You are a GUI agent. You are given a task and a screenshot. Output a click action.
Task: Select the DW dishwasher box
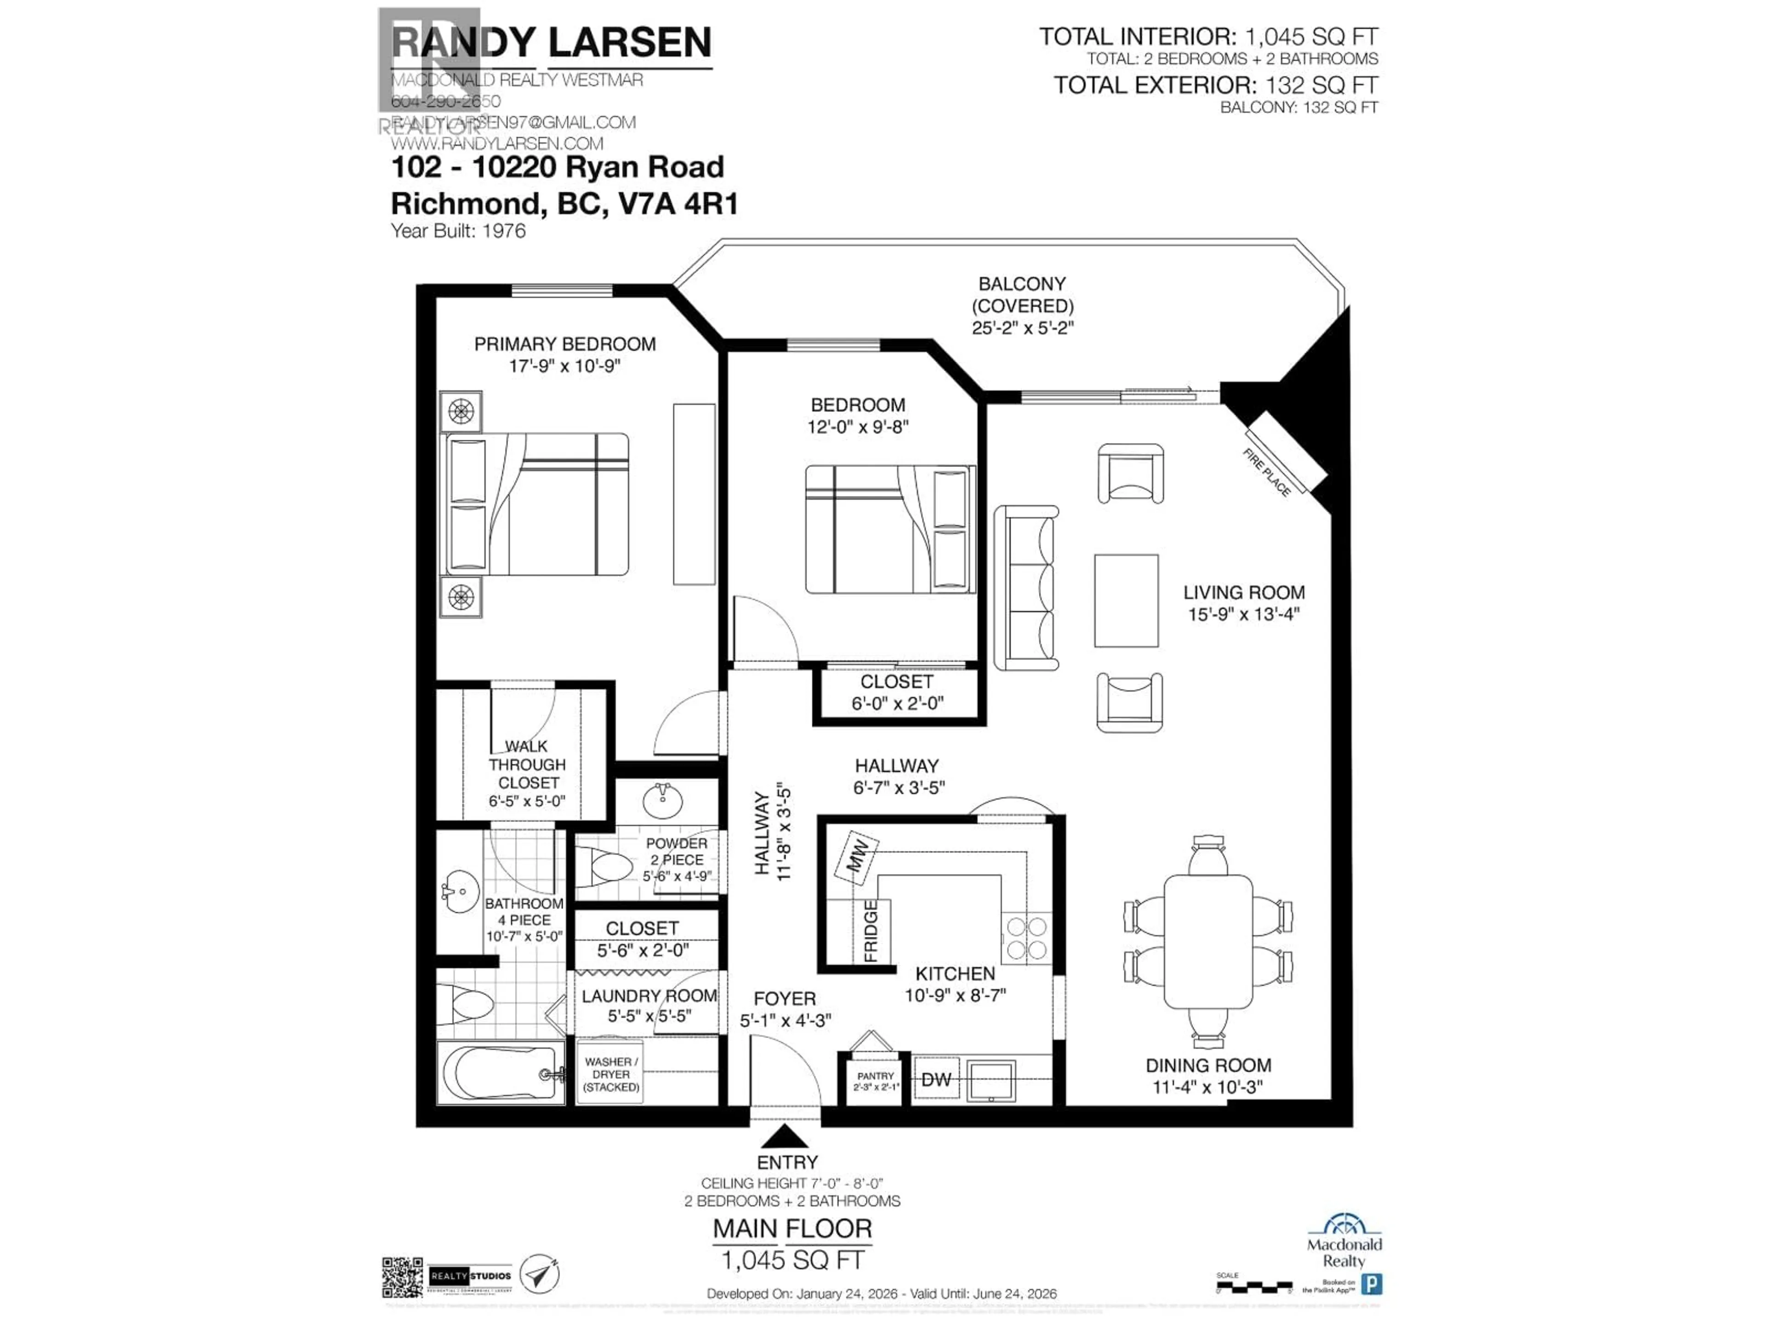[x=936, y=1080]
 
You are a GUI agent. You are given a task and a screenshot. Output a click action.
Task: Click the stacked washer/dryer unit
[x=610, y=1074]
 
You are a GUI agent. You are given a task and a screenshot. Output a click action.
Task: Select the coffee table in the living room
[x=1126, y=600]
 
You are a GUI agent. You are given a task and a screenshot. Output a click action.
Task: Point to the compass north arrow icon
[x=540, y=1273]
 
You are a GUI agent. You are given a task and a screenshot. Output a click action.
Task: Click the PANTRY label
[x=875, y=1076]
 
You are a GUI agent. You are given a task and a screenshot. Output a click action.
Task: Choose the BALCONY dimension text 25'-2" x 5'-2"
[x=1023, y=328]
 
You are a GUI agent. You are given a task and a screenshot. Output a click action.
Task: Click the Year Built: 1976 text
[x=458, y=231]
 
